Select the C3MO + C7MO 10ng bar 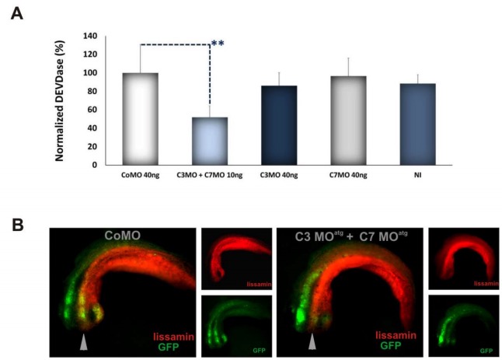click(x=210, y=141)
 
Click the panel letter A click(x=15, y=13)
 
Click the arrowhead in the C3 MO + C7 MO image click(x=312, y=341)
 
